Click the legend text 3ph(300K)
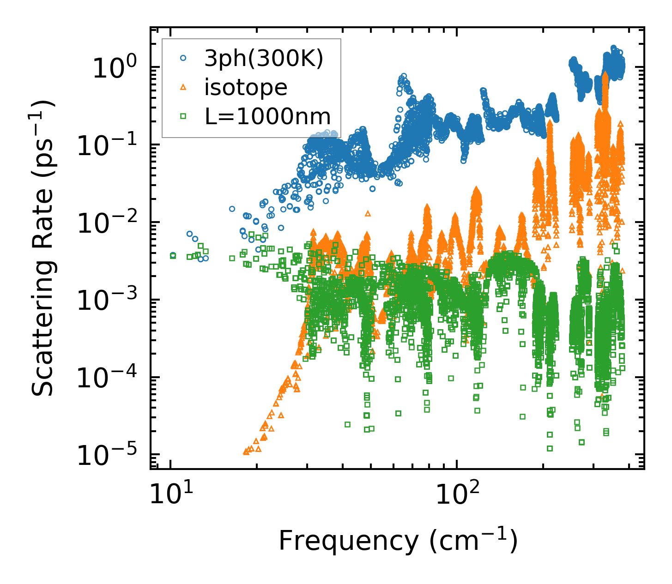[264, 59]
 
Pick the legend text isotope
[246, 87]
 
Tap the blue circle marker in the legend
[183, 58]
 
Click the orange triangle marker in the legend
[183, 86]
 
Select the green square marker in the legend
[183, 115]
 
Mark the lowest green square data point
[550, 448]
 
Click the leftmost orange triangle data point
[246, 452]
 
